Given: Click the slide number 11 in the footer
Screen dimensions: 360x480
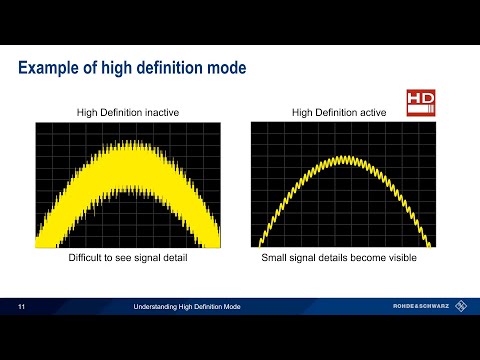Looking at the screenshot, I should [x=22, y=305].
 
